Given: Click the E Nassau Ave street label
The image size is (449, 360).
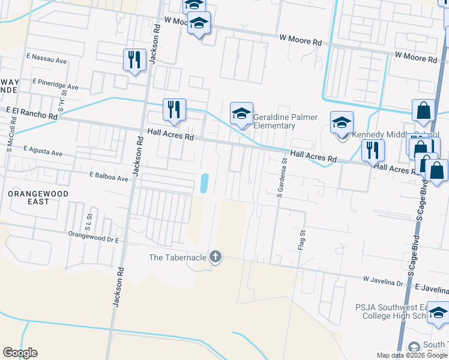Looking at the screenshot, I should coord(46,61).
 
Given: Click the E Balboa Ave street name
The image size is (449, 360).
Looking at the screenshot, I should coord(109,178).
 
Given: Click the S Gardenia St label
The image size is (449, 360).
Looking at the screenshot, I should coord(280,178).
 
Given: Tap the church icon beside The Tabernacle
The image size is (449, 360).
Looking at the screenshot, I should coord(215,258).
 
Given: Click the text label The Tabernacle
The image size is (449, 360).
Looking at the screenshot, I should coord(178,258).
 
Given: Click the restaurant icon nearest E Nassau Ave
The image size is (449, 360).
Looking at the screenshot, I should coord(133,59).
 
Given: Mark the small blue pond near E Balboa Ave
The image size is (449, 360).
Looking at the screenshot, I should coord(204,184).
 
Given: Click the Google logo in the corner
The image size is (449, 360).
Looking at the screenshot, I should coord(20,353).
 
